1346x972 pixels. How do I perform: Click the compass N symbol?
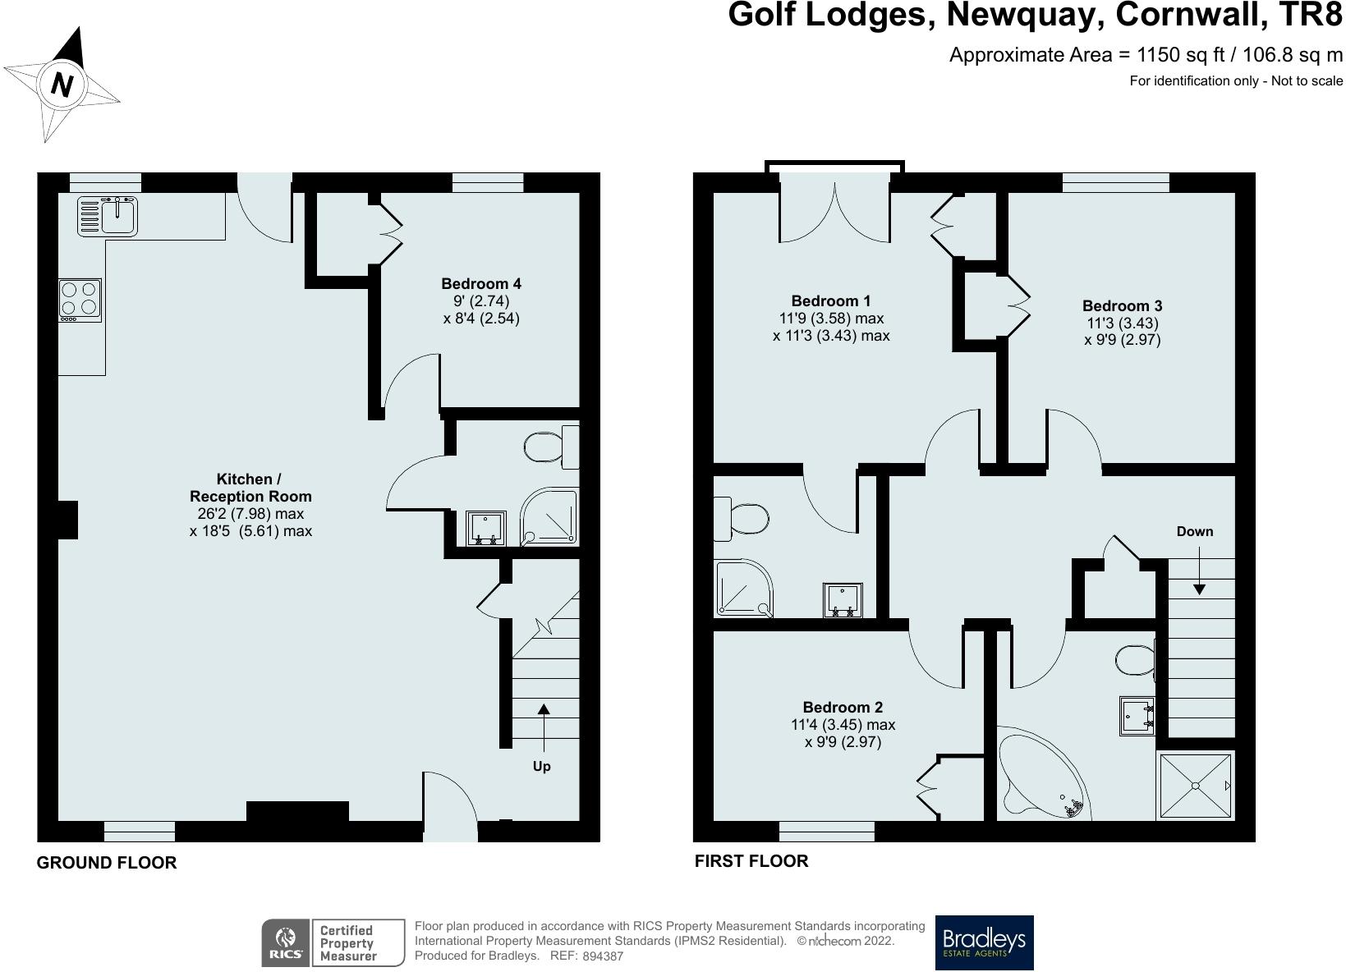click(x=62, y=84)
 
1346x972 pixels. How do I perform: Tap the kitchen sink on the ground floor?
click(x=109, y=215)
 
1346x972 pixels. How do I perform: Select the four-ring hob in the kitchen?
click(x=80, y=299)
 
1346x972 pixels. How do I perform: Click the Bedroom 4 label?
click(x=481, y=284)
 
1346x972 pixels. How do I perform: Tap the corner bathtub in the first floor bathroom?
click(x=1041, y=776)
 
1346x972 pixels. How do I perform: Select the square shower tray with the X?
click(x=1195, y=786)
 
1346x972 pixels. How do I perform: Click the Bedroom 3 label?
click(x=1122, y=306)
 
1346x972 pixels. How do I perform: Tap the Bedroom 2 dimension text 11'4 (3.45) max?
click(x=843, y=725)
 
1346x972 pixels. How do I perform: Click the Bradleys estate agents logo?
click(x=984, y=942)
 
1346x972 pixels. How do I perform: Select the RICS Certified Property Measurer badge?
click(x=333, y=942)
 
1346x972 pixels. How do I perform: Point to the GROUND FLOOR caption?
click(x=107, y=863)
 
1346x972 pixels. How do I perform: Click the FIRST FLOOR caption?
click(x=751, y=861)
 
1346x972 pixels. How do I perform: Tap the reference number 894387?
click(x=603, y=956)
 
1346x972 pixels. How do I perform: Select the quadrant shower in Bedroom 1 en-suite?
click(x=741, y=589)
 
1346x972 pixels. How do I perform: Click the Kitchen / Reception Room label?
click(x=250, y=488)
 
